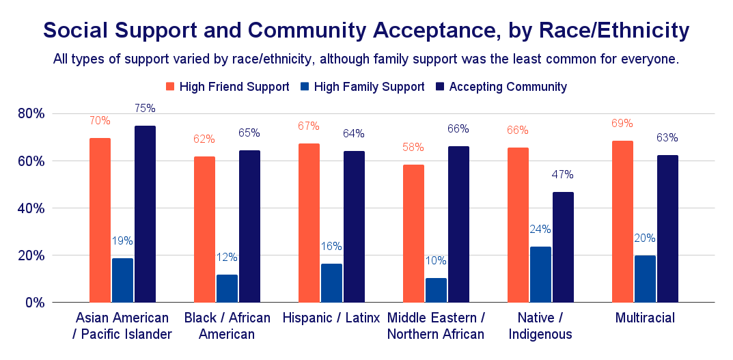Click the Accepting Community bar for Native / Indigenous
pyautogui.click(x=563, y=247)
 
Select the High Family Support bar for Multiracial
pyautogui.click(x=645, y=279)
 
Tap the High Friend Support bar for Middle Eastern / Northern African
pyautogui.click(x=413, y=233)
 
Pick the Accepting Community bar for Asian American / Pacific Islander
pyautogui.click(x=145, y=214)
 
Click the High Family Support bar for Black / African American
pyautogui.click(x=227, y=288)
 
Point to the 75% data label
pyautogui.click(x=145, y=108)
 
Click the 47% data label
pyautogui.click(x=563, y=174)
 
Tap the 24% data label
pyautogui.click(x=540, y=229)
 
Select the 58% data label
pyautogui.click(x=413, y=147)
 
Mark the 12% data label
pyautogui.click(x=227, y=257)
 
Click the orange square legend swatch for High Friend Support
pyautogui.click(x=171, y=87)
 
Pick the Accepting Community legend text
pyautogui.click(x=508, y=87)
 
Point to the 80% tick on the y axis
pyautogui.click(x=30, y=113)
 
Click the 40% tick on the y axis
pyautogui.click(x=30, y=208)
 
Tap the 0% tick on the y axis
pyautogui.click(x=33, y=302)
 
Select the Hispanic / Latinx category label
pyautogui.click(x=331, y=318)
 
